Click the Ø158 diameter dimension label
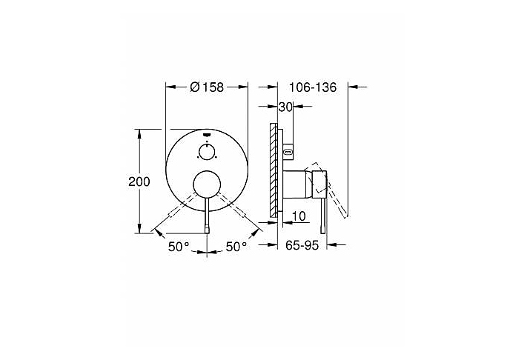tap(207, 87)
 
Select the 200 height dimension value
tap(139, 181)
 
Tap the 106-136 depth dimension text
tap(313, 87)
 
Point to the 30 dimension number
tap(285, 107)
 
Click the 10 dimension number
tap(299, 216)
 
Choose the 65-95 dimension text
tap(302, 245)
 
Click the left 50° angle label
tap(179, 247)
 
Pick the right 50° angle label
tap(236, 247)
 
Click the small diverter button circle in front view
tap(207, 152)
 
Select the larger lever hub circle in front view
tap(207, 184)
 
